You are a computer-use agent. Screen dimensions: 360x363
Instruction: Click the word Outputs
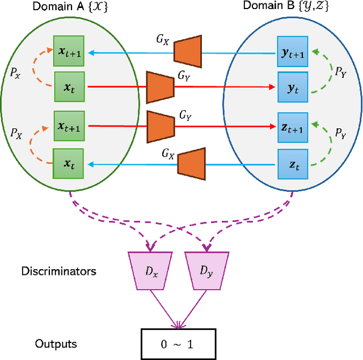(x=56, y=344)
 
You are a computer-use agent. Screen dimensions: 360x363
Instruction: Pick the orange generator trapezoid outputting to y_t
(x=160, y=87)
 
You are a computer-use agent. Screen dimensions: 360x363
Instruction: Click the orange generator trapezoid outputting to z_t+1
(x=160, y=127)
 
